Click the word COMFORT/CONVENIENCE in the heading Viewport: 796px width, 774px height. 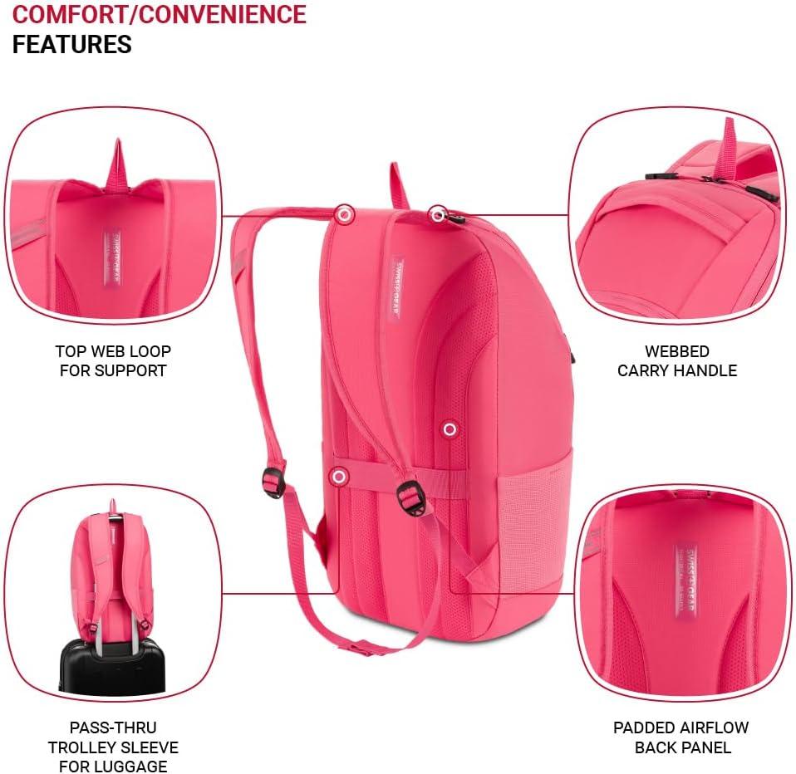point(159,14)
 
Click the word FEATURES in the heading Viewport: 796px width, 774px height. point(71,44)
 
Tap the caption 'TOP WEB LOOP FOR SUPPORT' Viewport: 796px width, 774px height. point(113,361)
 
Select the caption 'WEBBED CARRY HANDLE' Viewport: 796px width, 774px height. point(676,361)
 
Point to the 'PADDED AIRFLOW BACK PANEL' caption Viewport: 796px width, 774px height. point(681,737)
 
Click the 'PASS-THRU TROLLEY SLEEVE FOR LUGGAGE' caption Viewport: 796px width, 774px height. point(113,747)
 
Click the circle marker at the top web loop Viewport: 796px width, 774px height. point(344,214)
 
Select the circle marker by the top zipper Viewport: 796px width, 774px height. point(437,215)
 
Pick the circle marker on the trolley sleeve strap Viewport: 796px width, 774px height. point(338,477)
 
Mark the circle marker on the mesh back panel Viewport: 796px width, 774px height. point(450,429)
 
